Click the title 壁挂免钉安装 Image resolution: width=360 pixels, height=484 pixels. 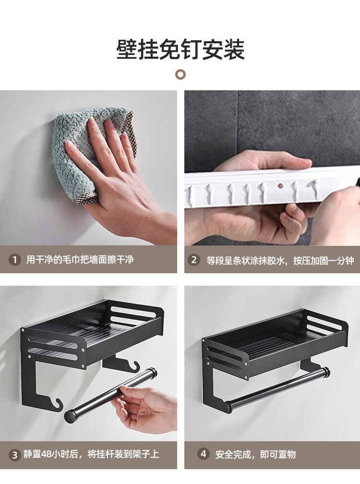pos(180,49)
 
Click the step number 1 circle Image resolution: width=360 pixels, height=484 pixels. pos(14,260)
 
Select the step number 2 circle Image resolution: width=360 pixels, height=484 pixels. pos(194,260)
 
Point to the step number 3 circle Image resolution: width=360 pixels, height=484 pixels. pos(14,455)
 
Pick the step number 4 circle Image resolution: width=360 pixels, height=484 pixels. pos(204,454)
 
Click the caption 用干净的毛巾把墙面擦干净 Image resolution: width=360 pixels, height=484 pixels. pos(80,260)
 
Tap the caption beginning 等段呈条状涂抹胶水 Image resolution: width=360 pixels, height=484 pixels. pos(280,261)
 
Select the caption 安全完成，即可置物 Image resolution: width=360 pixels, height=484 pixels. pos(255,454)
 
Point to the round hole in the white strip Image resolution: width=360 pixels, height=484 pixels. pos(280,186)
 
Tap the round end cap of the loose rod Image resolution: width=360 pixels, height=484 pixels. pos(71,415)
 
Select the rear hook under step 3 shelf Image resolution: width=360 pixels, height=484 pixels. pos(134,365)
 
